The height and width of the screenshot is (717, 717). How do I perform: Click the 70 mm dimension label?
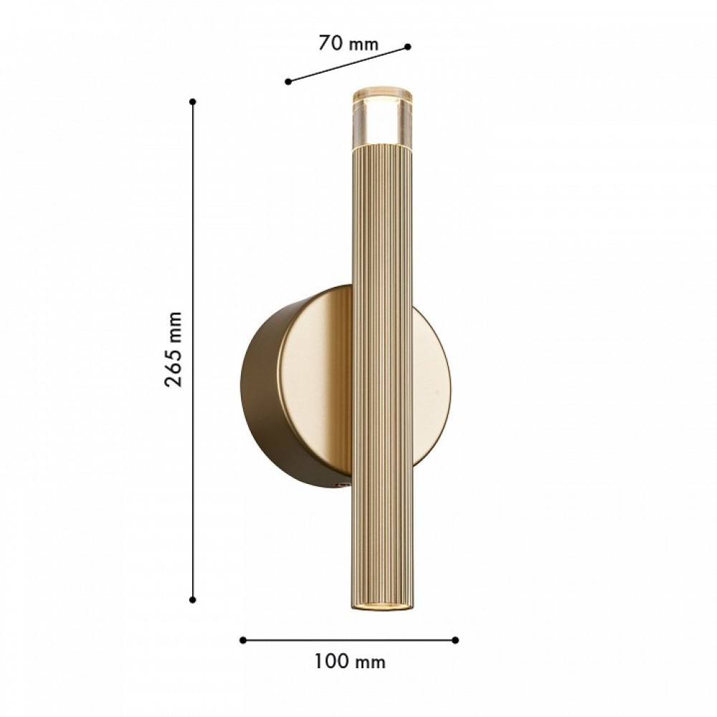point(348,43)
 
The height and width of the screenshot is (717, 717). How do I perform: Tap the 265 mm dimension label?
point(174,350)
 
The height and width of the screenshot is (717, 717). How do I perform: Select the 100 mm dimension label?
point(350,662)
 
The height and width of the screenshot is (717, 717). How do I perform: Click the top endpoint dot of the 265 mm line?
point(193,102)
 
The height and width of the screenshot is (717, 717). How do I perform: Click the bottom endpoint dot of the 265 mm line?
point(192,599)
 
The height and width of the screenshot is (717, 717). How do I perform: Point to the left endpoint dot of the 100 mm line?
point(243,640)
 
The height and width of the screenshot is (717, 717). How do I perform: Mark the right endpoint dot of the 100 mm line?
point(455,640)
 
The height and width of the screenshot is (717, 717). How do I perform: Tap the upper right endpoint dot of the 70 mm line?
point(408,46)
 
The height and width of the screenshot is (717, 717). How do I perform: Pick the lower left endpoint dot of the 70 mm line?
point(288,82)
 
